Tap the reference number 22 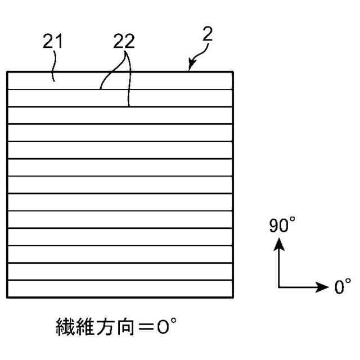pos(125,42)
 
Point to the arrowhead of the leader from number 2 pos(190,70)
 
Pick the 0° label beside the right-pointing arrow pos(343,287)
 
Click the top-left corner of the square pos(7,72)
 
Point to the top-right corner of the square pos(233,72)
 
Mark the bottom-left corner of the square pos(7,297)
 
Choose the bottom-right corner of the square pos(233,297)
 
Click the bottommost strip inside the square pos(120,289)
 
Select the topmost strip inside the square pos(120,80)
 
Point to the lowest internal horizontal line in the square pos(120,280)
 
